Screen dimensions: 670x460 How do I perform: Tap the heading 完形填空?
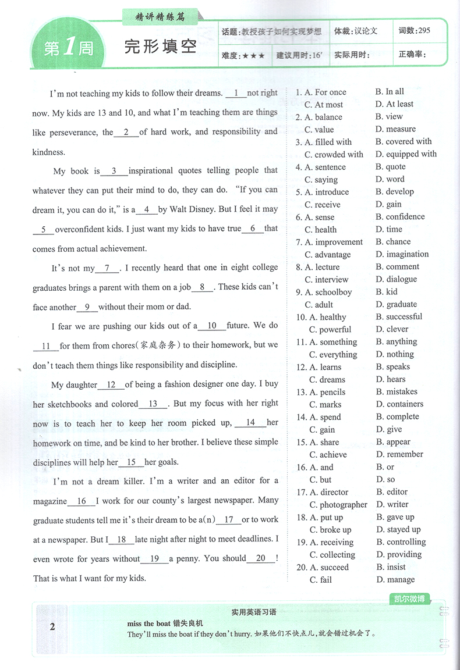(x=160, y=47)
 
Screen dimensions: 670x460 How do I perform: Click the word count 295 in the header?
(x=423, y=30)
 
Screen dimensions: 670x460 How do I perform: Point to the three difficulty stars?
(x=253, y=56)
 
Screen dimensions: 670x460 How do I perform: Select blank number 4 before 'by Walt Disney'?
(x=147, y=209)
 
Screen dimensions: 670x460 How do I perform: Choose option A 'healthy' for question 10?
(x=332, y=318)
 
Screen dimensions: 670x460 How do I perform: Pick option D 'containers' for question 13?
(x=405, y=404)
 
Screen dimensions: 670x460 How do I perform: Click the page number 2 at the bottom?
(x=52, y=627)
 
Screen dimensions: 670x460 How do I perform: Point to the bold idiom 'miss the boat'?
(x=148, y=624)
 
